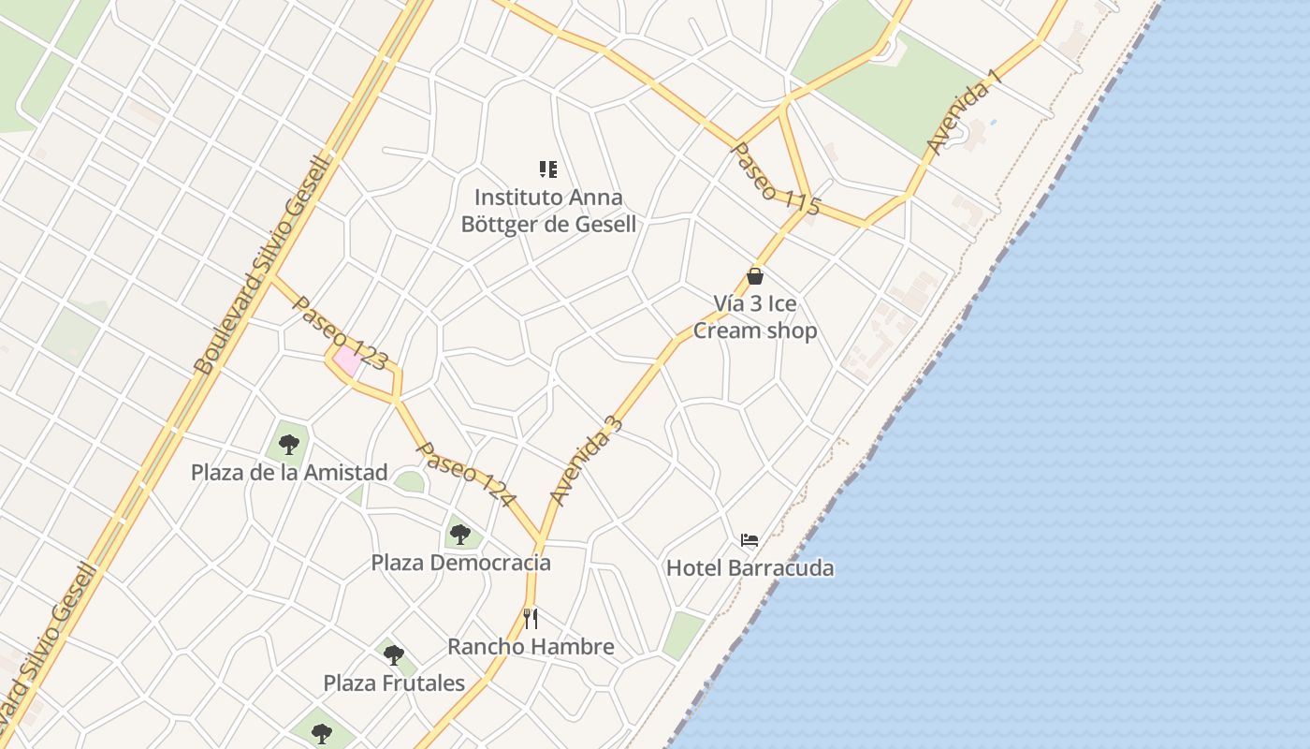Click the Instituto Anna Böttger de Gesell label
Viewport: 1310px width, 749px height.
548,211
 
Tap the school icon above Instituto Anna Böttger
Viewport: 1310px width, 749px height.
548,169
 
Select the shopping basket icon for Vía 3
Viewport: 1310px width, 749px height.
755,276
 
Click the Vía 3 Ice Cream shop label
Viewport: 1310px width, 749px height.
755,317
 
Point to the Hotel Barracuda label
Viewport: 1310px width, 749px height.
750,568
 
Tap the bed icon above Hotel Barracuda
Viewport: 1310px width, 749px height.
750,540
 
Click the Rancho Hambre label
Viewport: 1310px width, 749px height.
531,647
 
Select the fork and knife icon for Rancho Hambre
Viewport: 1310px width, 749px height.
531,618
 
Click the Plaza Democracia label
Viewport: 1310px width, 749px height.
460,563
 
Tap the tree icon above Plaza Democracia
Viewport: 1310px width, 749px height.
459,535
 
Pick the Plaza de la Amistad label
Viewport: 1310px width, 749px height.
289,473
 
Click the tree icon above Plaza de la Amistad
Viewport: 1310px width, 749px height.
289,444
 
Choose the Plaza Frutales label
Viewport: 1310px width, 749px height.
394,683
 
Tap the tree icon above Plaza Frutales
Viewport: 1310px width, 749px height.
394,654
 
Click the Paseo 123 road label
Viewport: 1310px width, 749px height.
340,332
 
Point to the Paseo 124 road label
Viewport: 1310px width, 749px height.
465,475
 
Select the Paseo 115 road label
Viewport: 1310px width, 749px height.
775,180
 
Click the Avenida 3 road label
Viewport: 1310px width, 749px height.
586,461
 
